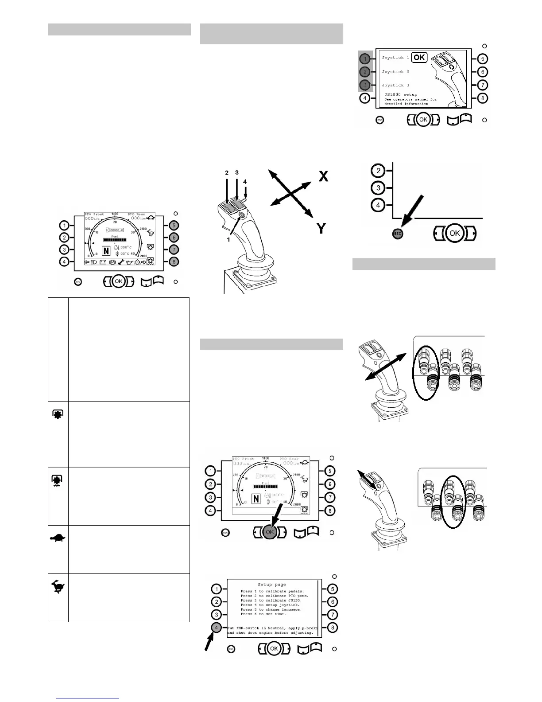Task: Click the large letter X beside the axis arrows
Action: (324, 176)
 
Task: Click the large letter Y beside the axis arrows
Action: (321, 228)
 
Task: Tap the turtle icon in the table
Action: (58, 538)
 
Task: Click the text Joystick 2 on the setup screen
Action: (395, 72)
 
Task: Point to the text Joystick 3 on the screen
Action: (395, 85)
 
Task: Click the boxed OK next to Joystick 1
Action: (419, 57)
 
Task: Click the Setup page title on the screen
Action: (272, 585)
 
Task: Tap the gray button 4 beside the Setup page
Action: (216, 628)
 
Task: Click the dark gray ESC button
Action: (397, 234)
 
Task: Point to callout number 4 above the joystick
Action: (245, 181)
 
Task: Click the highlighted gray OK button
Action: (270, 532)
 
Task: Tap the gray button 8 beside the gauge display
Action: (174, 262)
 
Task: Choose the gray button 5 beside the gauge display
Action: (174, 225)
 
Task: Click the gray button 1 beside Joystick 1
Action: (364, 58)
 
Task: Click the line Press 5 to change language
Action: (271, 609)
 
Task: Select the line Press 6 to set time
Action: (263, 614)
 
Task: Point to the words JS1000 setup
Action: (401, 94)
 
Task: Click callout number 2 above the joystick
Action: (227, 173)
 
